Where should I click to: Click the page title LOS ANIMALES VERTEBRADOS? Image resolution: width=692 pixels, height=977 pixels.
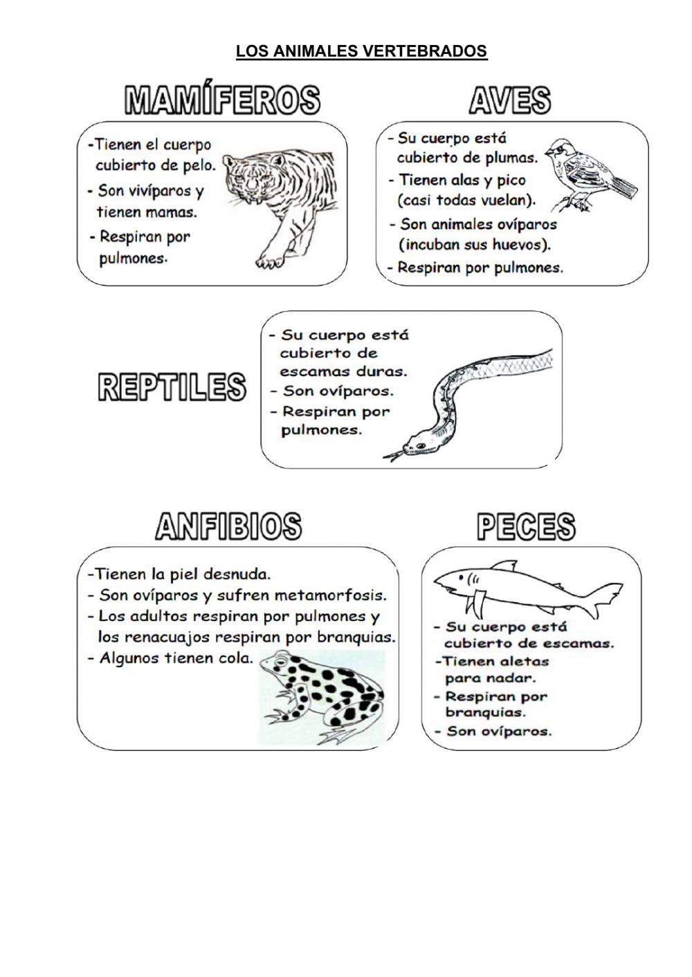[361, 52]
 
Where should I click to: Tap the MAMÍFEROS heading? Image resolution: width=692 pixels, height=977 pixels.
[222, 100]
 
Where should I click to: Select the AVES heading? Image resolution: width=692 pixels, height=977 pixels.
[510, 100]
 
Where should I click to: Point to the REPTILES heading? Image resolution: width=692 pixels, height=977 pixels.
[172, 387]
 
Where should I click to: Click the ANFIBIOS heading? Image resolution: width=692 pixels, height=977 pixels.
[228, 527]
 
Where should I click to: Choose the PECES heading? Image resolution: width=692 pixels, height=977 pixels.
[526, 527]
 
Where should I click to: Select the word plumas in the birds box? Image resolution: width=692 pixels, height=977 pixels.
[511, 158]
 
